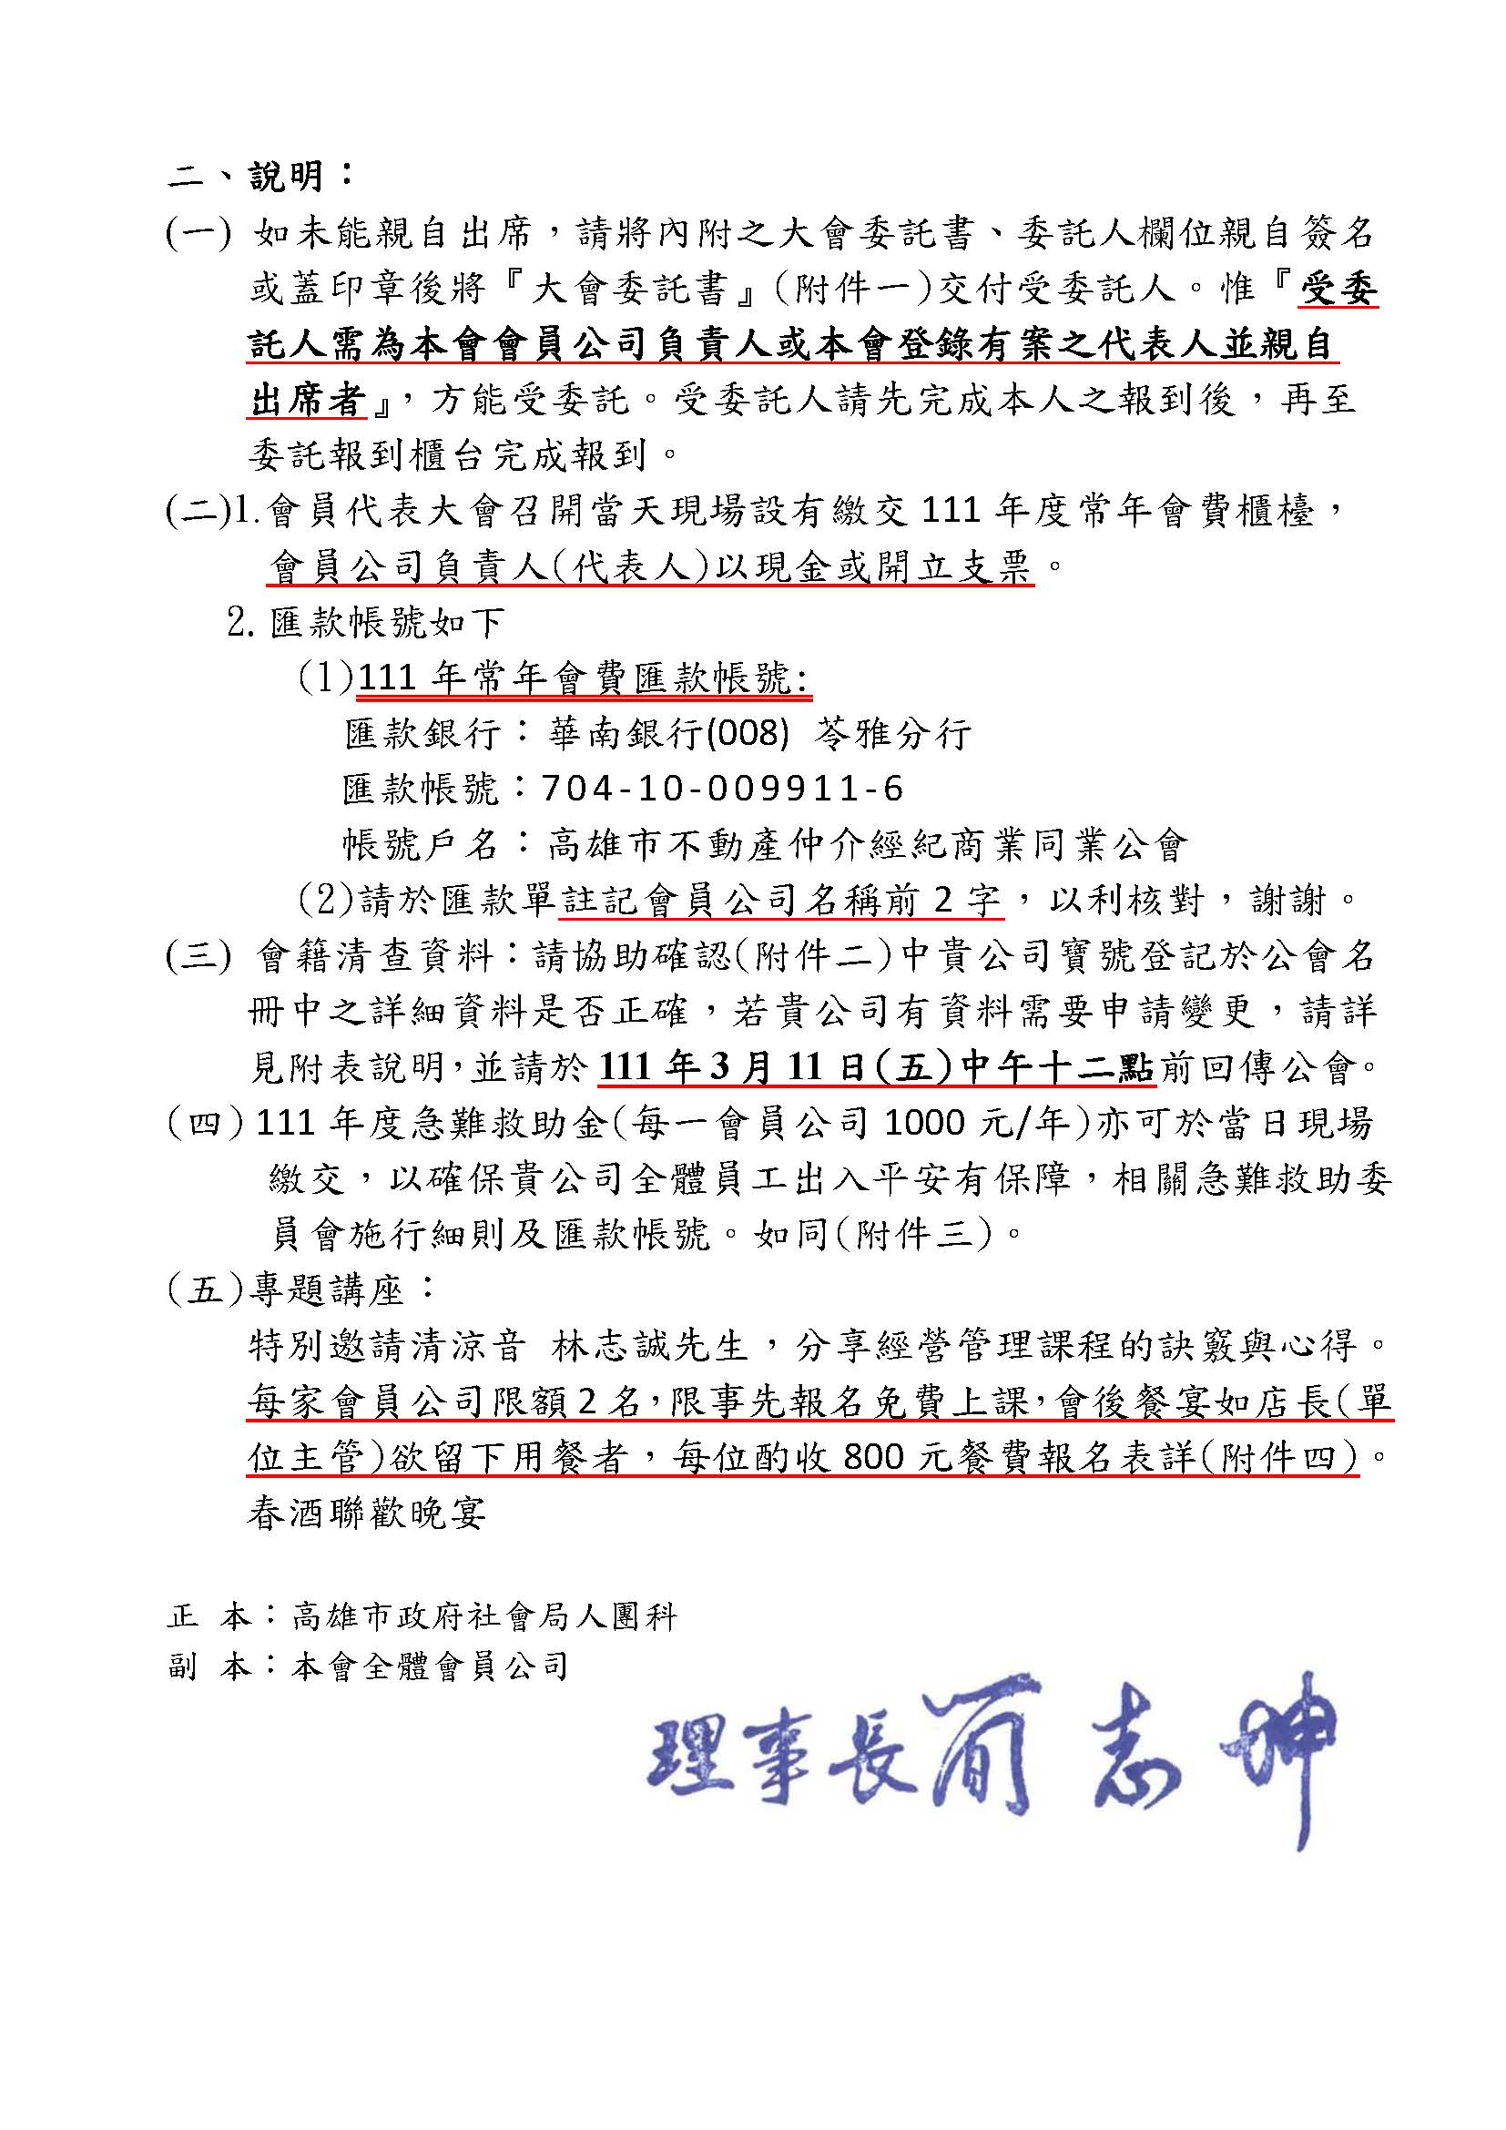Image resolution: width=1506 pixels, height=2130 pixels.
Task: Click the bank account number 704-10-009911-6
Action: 721,789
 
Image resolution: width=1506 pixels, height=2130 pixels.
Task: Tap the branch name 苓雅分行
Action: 893,734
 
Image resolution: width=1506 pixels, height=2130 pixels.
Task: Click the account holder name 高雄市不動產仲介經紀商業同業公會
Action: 867,844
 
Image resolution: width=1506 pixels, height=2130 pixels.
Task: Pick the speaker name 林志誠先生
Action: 649,1346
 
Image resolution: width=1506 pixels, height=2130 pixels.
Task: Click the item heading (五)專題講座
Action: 299,1289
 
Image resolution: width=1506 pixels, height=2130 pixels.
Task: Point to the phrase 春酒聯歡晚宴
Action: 367,1514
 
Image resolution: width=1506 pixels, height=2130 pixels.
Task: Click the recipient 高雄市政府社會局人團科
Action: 484,1617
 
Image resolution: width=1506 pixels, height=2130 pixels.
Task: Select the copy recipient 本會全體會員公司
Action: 431,1667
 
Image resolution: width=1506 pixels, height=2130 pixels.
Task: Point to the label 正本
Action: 209,1617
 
